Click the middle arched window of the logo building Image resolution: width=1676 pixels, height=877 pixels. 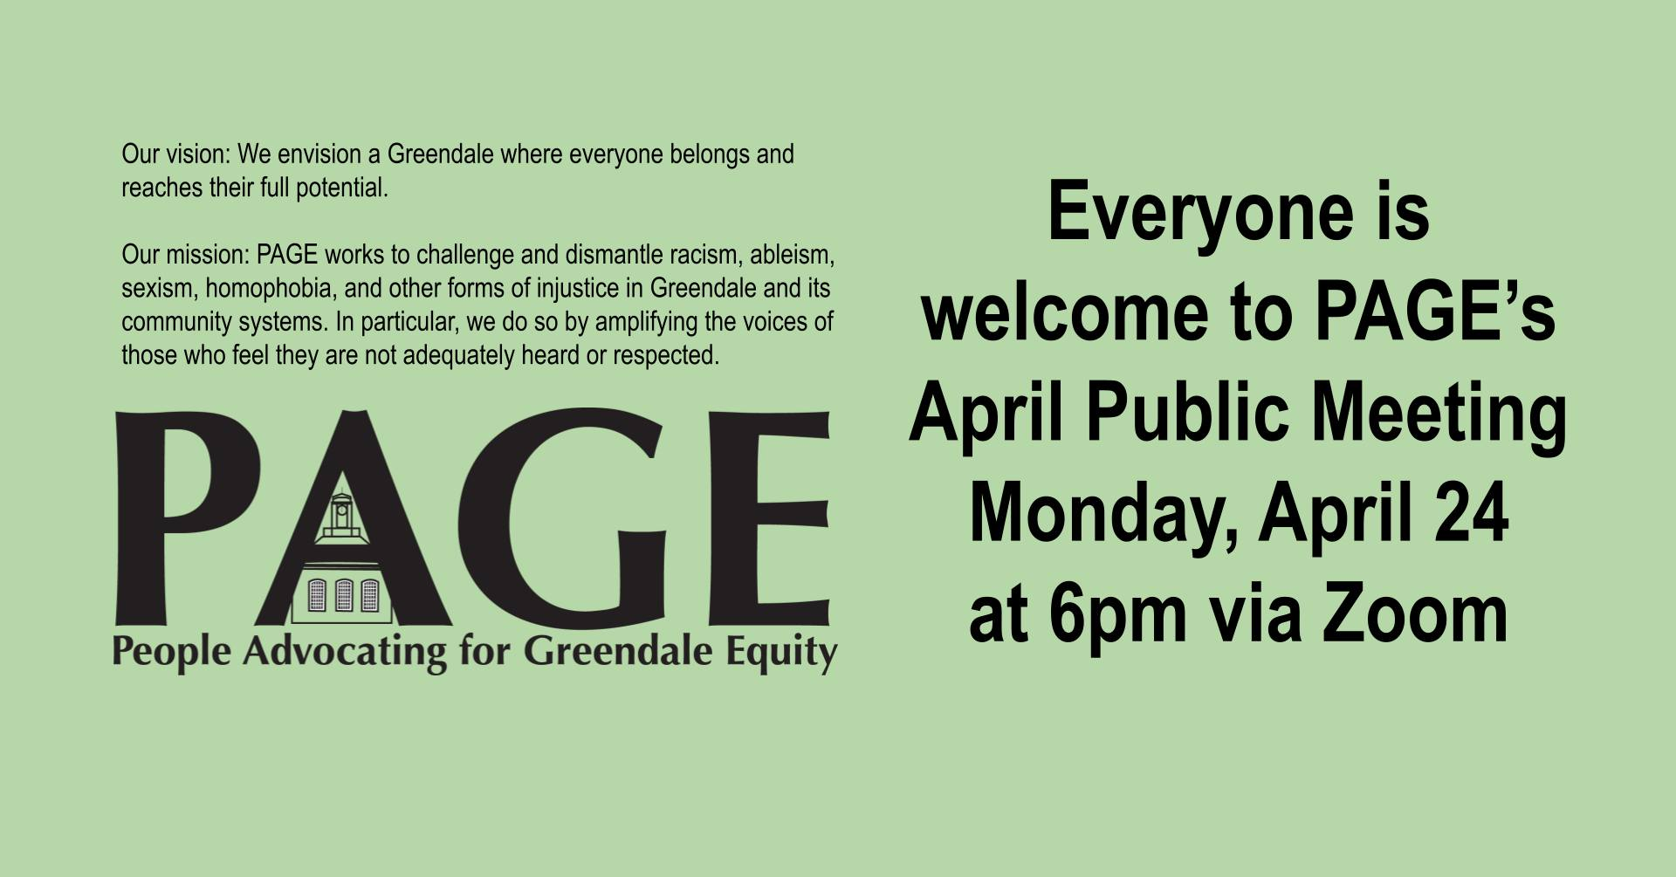click(x=344, y=594)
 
